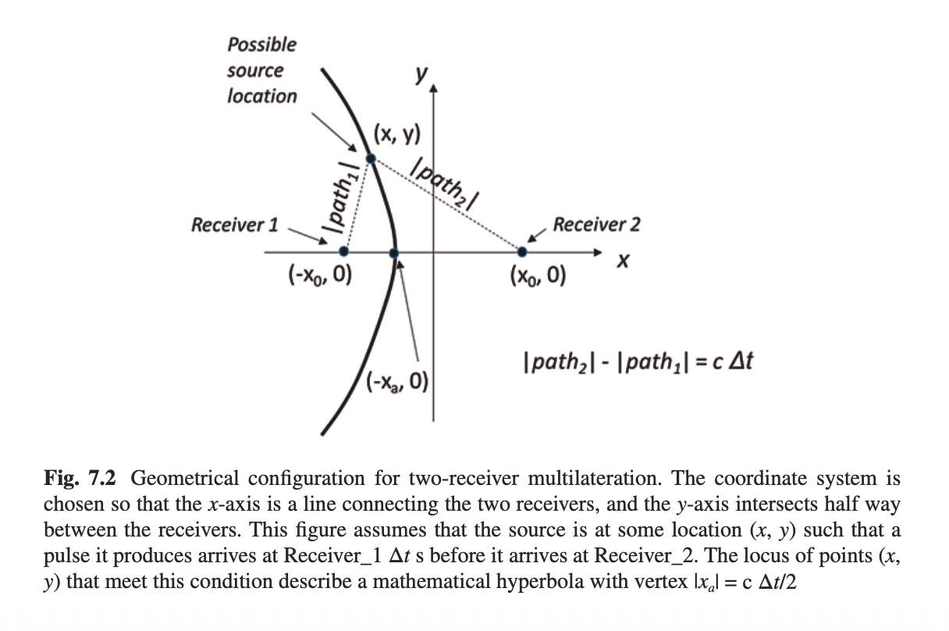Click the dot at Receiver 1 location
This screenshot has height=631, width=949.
(343, 251)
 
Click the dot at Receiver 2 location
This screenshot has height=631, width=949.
(522, 251)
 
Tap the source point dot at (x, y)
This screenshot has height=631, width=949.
(371, 158)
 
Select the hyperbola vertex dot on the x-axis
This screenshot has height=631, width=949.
(394, 252)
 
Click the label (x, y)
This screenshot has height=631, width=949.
(396, 134)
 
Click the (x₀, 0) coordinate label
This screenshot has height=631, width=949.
(538, 276)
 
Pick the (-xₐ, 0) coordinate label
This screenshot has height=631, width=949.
(398, 380)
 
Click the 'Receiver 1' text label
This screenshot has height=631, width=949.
(235, 225)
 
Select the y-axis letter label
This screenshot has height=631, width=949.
(421, 74)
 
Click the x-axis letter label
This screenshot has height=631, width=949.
(622, 266)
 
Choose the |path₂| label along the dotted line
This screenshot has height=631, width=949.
(446, 184)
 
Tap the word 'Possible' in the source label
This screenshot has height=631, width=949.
(261, 44)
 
